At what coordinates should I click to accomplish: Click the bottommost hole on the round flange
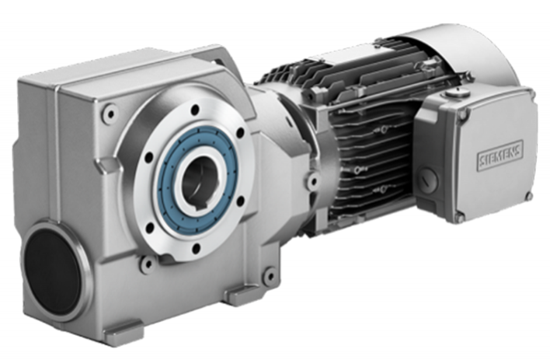(193, 248)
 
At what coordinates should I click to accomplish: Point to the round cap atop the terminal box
(453, 96)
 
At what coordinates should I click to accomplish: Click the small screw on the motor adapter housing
(312, 180)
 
